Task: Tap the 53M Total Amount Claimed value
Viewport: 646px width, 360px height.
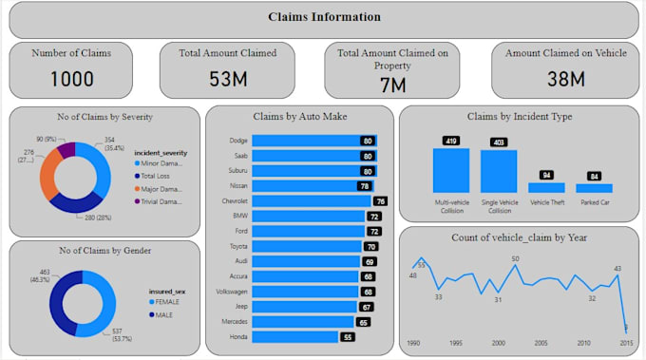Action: point(227,79)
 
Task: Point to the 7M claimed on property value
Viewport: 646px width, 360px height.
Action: point(392,85)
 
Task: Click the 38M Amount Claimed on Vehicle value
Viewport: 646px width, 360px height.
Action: point(558,79)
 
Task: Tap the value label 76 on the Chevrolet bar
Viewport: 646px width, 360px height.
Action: point(380,201)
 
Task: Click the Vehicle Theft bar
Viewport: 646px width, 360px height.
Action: point(546,188)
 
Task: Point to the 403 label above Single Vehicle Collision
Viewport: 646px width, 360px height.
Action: point(498,142)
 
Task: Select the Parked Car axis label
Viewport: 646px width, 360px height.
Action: point(594,201)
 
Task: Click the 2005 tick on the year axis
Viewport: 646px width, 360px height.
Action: point(541,343)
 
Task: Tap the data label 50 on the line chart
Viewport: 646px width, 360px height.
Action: point(515,258)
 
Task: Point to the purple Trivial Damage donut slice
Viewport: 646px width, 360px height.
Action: point(66,149)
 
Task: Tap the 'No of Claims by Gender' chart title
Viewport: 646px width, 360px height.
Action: point(104,251)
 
